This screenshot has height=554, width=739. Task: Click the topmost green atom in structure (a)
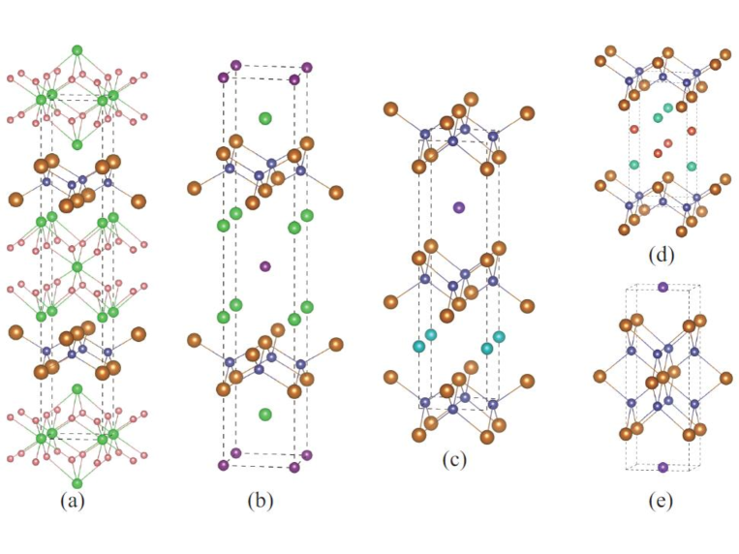point(77,50)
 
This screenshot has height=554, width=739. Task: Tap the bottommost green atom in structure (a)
point(77,481)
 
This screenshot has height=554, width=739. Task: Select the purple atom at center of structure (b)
point(265,265)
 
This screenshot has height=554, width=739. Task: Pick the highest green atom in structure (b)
point(265,118)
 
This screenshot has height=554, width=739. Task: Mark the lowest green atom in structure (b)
point(265,415)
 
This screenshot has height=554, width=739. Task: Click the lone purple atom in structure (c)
point(459,206)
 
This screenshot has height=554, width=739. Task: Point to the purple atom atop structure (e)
point(662,287)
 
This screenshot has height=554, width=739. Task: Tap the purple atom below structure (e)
point(662,467)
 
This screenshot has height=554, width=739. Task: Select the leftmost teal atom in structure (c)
point(419,346)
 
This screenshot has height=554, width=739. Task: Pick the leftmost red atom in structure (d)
point(634,129)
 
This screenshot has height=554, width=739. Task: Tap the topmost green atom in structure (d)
point(668,108)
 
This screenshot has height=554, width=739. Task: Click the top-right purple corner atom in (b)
point(307,68)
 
